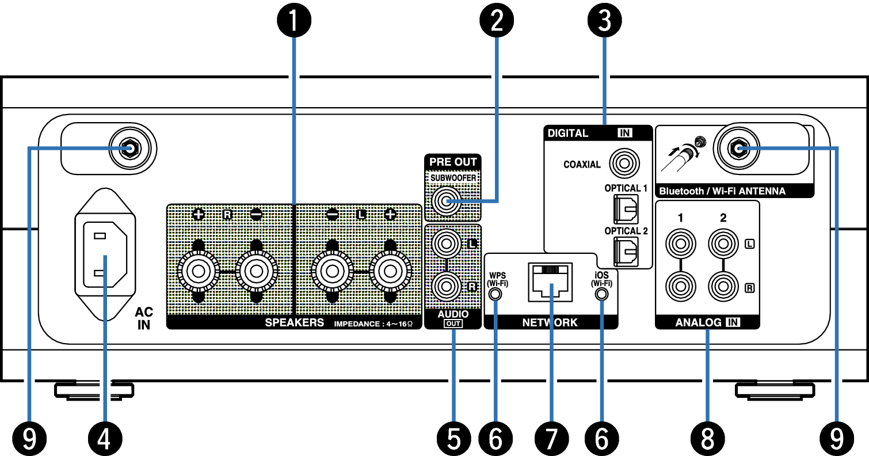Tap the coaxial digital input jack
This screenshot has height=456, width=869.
point(623,164)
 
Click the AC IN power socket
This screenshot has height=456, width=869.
point(105,254)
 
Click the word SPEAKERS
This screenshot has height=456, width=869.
point(294,323)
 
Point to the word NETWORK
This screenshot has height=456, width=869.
point(550,323)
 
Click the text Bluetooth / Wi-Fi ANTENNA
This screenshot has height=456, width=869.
point(722,191)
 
